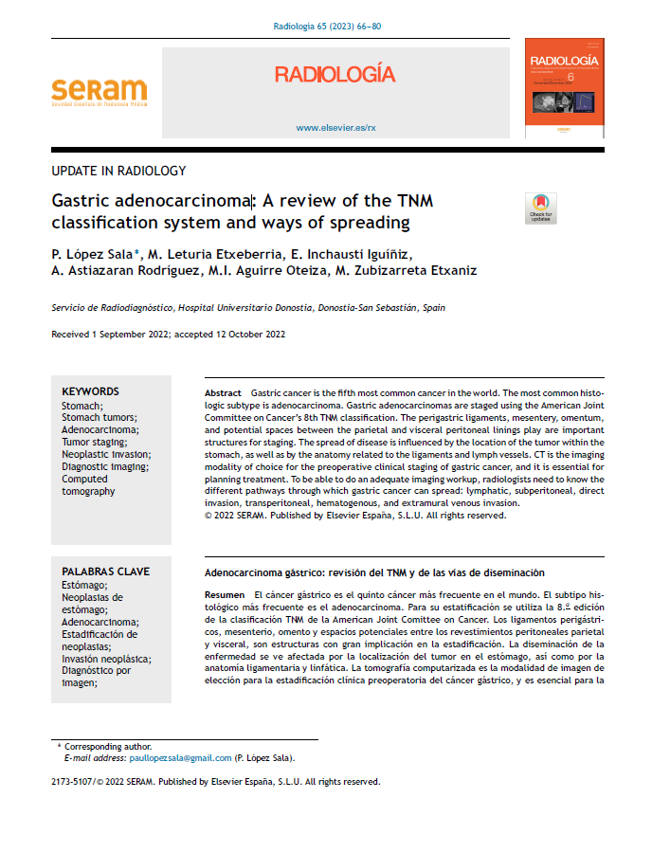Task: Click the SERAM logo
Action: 99,92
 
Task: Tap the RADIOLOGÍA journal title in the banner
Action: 335,75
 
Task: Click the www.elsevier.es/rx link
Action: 335,127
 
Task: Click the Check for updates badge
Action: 540,208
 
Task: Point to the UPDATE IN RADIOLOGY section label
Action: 118,172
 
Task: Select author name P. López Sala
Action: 92,253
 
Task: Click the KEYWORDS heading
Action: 90,391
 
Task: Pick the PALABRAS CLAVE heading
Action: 105,572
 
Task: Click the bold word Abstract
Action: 224,392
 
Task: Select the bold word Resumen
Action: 225,593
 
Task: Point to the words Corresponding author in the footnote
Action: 107,747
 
